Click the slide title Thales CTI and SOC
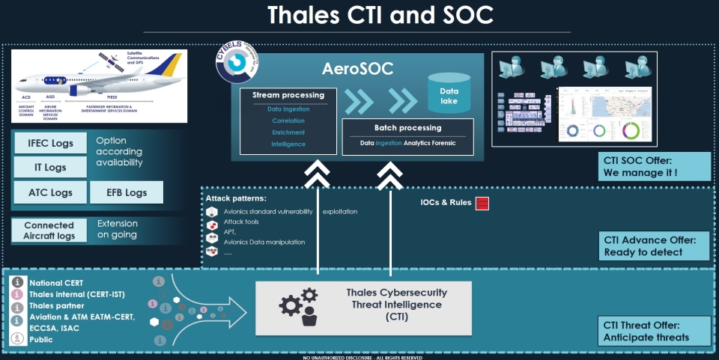(x=359, y=15)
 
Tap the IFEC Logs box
(x=51, y=143)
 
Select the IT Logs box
(x=51, y=168)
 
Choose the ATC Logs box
(x=51, y=192)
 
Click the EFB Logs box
(x=126, y=192)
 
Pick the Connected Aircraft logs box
(x=49, y=231)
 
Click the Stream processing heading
(x=288, y=95)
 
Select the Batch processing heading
(x=408, y=127)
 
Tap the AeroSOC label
(x=358, y=69)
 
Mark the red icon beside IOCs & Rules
(x=482, y=204)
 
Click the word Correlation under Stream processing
(x=288, y=120)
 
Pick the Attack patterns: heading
(x=236, y=199)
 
